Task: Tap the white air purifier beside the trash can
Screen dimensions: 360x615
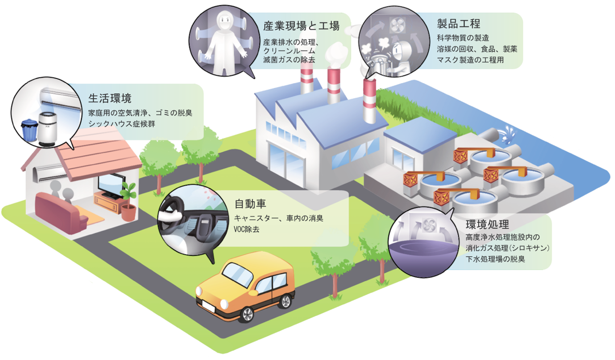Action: tap(46, 128)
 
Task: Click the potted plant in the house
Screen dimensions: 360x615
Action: tap(128, 201)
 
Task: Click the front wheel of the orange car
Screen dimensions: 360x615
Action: tap(248, 314)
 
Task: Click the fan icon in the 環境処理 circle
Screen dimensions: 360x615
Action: tap(427, 224)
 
